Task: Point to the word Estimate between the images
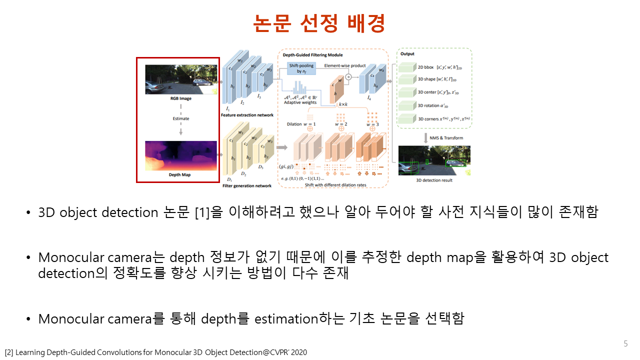[x=181, y=118]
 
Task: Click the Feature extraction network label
[x=247, y=115]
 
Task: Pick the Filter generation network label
[x=246, y=185]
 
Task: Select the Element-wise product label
[x=344, y=65]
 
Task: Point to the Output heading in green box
[x=407, y=53]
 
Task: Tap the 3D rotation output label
[x=433, y=105]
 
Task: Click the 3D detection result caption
[x=434, y=180]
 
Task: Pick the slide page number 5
[x=625, y=343]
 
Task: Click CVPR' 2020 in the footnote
[x=290, y=352]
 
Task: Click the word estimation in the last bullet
[x=286, y=318]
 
